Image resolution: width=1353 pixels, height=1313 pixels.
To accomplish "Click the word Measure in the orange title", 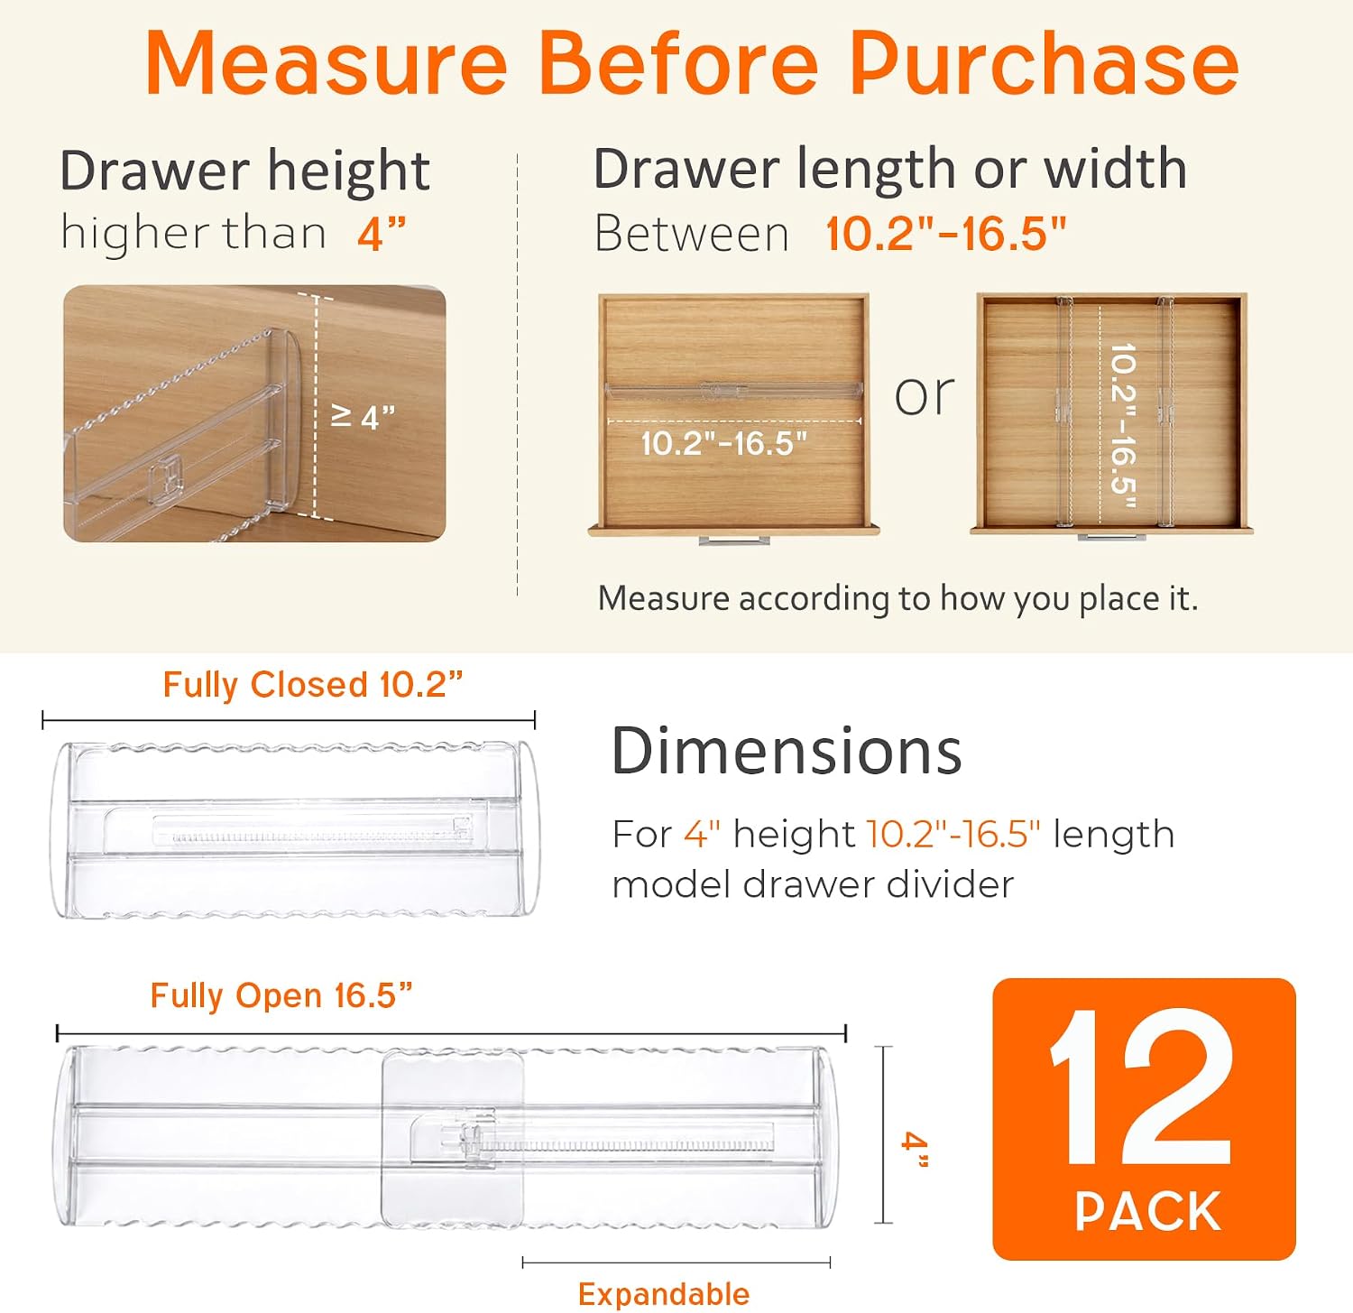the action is coord(327,63).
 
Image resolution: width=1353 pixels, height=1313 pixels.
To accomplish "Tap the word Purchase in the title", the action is coord(1045,63).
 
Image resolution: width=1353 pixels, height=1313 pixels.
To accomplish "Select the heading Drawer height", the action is coord(244,171).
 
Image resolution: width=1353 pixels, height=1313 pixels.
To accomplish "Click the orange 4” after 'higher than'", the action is coord(382,235).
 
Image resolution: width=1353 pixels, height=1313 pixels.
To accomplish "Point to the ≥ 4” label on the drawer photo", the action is coord(364,417).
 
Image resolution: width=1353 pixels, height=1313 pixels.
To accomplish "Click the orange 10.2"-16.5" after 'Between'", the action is coord(946,234).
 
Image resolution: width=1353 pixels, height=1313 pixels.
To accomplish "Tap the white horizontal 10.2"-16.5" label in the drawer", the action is coord(723,443).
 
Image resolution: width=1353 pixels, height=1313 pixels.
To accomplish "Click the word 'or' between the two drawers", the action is coord(924,395).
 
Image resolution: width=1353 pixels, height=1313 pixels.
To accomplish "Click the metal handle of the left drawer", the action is coord(734,540).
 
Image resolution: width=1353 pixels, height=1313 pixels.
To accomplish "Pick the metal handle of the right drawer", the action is coord(1111,537).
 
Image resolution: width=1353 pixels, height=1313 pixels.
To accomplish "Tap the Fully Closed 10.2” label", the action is coord(313,685).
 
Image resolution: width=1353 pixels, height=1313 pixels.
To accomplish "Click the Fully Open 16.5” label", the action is coord(281,995).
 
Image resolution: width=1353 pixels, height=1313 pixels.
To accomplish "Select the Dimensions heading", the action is coord(787,751).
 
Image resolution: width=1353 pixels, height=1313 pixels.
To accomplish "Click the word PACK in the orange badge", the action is coord(1147,1211).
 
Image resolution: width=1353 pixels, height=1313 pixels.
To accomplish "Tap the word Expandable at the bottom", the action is coord(664,1294).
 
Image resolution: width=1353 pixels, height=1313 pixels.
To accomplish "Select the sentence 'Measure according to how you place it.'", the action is coord(898,598).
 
